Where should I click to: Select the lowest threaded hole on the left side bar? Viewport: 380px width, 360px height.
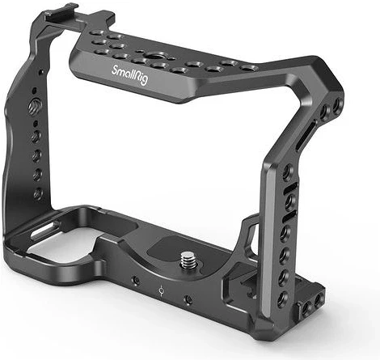click(x=38, y=193)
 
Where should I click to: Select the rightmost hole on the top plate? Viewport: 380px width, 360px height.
click(x=253, y=68)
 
